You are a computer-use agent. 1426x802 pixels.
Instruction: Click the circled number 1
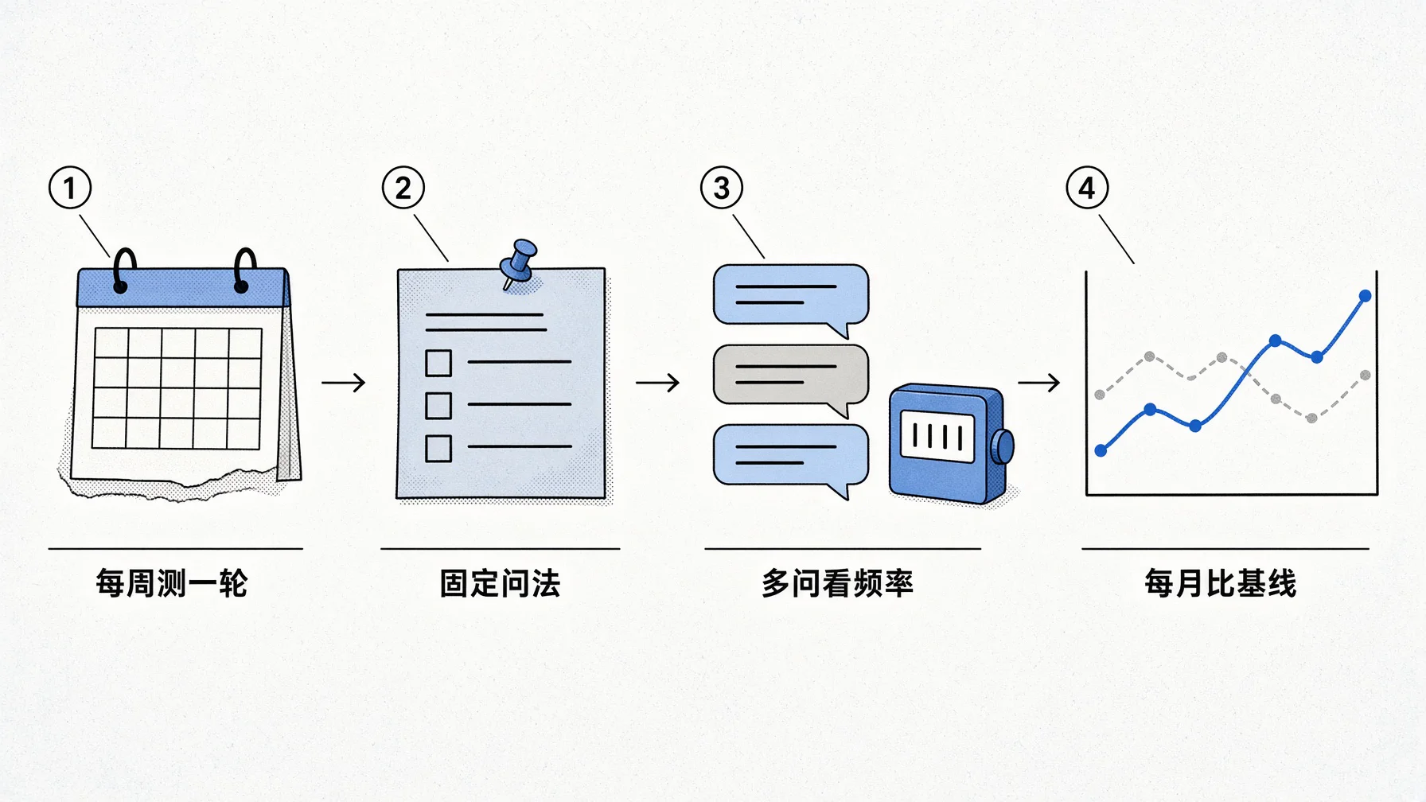point(70,188)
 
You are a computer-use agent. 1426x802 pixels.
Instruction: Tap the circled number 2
point(403,188)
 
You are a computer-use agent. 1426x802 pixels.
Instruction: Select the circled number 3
point(722,188)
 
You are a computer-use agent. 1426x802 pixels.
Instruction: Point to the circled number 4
point(1087,188)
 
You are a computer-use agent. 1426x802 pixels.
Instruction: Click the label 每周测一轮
point(172,583)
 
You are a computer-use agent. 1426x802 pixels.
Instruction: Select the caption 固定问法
point(500,583)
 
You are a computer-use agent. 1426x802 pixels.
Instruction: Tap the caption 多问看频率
point(837,583)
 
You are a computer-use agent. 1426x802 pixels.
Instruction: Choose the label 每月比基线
point(1221,583)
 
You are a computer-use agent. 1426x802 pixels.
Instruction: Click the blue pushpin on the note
point(519,263)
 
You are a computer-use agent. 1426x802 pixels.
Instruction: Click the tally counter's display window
point(937,436)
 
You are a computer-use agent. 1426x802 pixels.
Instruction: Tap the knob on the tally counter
point(1006,446)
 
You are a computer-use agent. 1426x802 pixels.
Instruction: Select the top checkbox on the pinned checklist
point(438,363)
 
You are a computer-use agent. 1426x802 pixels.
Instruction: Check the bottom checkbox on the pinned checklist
point(438,448)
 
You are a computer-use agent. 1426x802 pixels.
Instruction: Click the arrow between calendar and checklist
point(344,383)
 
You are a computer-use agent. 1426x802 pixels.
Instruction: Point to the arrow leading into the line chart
point(1039,383)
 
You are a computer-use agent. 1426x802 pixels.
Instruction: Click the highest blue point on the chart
point(1365,296)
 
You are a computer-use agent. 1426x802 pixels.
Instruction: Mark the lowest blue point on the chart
point(1101,450)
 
